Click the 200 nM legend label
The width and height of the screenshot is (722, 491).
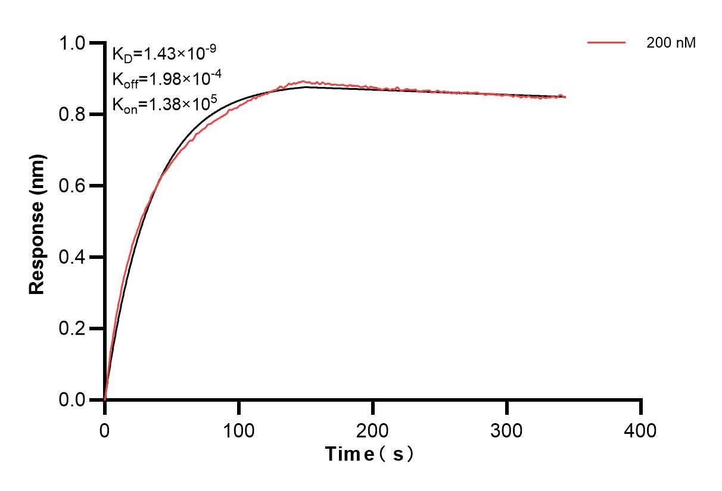[671, 43]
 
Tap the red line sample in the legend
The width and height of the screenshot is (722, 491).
[606, 43]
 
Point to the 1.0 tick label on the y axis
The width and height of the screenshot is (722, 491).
[73, 43]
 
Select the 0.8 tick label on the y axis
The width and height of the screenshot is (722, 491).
[73, 114]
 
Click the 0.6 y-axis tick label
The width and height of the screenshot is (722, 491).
[73, 186]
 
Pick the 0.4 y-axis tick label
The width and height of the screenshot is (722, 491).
[73, 257]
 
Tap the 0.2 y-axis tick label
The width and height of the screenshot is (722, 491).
[73, 329]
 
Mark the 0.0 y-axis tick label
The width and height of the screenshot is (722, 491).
[73, 400]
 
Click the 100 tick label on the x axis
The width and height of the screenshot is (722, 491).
[238, 430]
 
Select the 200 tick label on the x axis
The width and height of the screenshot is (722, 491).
[372, 430]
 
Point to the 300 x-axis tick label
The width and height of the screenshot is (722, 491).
[506, 430]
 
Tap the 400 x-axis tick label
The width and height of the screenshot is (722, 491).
[641, 430]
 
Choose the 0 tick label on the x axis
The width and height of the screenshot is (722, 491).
[105, 430]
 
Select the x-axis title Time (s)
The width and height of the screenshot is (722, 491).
[369, 455]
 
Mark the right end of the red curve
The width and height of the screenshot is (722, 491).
[565, 96]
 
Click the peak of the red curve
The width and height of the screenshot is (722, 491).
[304, 81]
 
